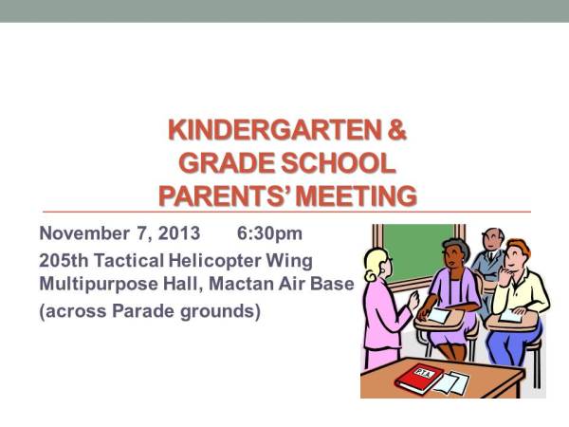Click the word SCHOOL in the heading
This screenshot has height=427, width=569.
[x=333, y=162]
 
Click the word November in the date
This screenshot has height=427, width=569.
[x=83, y=233]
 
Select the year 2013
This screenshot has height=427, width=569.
[x=180, y=233]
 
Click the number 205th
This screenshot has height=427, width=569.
[x=64, y=259]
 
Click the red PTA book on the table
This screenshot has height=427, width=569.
[x=419, y=378]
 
